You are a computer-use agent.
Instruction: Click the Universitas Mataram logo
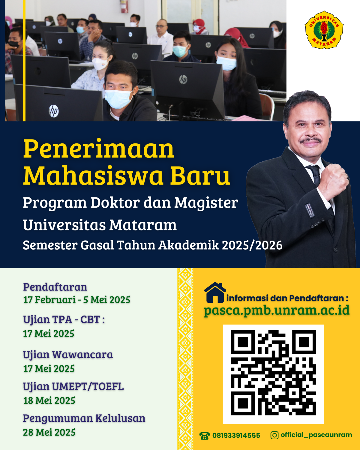click(x=324, y=30)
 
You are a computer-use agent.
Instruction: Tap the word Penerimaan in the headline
click(x=99, y=149)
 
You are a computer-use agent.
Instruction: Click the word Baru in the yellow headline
click(x=200, y=176)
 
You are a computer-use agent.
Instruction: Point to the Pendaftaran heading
click(x=55, y=287)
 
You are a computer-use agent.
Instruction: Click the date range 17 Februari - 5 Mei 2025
click(x=77, y=300)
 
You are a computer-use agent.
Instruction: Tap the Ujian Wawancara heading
click(x=68, y=355)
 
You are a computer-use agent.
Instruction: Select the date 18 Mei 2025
click(x=49, y=400)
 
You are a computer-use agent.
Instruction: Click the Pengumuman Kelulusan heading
click(x=84, y=418)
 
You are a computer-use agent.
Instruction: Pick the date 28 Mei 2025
click(x=49, y=432)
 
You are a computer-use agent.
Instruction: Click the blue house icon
click(x=215, y=292)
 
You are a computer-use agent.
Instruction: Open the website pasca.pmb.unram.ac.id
click(x=277, y=310)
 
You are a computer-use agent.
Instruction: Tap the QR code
click(x=273, y=374)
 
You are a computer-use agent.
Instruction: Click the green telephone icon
click(x=205, y=436)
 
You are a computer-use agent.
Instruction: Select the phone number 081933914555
click(x=236, y=436)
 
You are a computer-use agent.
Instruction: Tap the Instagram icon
click(x=274, y=435)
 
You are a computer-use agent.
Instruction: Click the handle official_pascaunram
click(x=316, y=435)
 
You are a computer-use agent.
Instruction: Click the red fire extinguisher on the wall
click(x=124, y=6)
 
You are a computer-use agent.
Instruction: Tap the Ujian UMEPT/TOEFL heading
click(x=73, y=386)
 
